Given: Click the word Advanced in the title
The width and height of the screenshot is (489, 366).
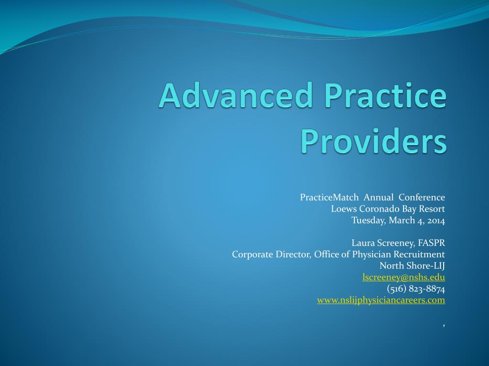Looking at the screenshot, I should tap(236, 95).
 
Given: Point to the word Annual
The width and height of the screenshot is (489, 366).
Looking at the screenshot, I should tap(379, 197).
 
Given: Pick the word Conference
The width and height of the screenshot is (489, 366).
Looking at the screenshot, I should tap(422, 197).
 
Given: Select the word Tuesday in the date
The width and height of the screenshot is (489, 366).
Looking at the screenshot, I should tap(368, 220).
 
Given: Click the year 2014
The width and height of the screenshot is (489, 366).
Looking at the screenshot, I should tap(436, 220).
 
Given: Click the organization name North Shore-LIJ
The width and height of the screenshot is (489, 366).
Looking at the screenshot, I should tap(412, 266).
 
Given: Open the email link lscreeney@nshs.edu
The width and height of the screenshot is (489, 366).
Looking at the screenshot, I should tap(404, 277).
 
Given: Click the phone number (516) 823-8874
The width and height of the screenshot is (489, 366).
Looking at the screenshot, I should tap(416, 289).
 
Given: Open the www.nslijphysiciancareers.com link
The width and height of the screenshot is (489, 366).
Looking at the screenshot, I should tap(381, 300).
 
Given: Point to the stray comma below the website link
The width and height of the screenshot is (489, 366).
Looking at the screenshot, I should tap(444, 325).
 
